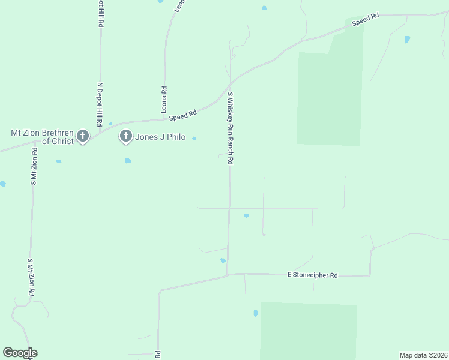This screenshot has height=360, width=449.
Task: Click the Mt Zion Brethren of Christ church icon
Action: coord(83,136)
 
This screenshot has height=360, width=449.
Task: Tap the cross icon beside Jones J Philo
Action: coord(126,136)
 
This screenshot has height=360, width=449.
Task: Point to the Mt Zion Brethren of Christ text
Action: coord(43,137)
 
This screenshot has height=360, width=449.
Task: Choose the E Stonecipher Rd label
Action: coord(312,275)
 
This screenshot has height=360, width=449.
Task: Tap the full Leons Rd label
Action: coord(163,100)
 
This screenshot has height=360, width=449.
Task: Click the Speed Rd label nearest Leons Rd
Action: coord(183,114)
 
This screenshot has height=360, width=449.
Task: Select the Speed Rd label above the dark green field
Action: coord(365,20)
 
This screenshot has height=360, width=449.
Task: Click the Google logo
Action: coord(20,353)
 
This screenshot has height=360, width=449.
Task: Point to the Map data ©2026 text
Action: coord(424,355)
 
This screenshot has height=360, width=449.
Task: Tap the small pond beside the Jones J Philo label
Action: coord(194,139)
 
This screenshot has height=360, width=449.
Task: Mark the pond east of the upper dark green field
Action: coord(407,40)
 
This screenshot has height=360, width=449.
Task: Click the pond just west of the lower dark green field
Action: coord(255,313)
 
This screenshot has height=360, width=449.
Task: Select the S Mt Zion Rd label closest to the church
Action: coord(35,167)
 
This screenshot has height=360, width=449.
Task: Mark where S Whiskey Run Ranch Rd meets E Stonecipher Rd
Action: coord(228,275)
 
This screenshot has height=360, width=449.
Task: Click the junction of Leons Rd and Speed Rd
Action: coord(163,119)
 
